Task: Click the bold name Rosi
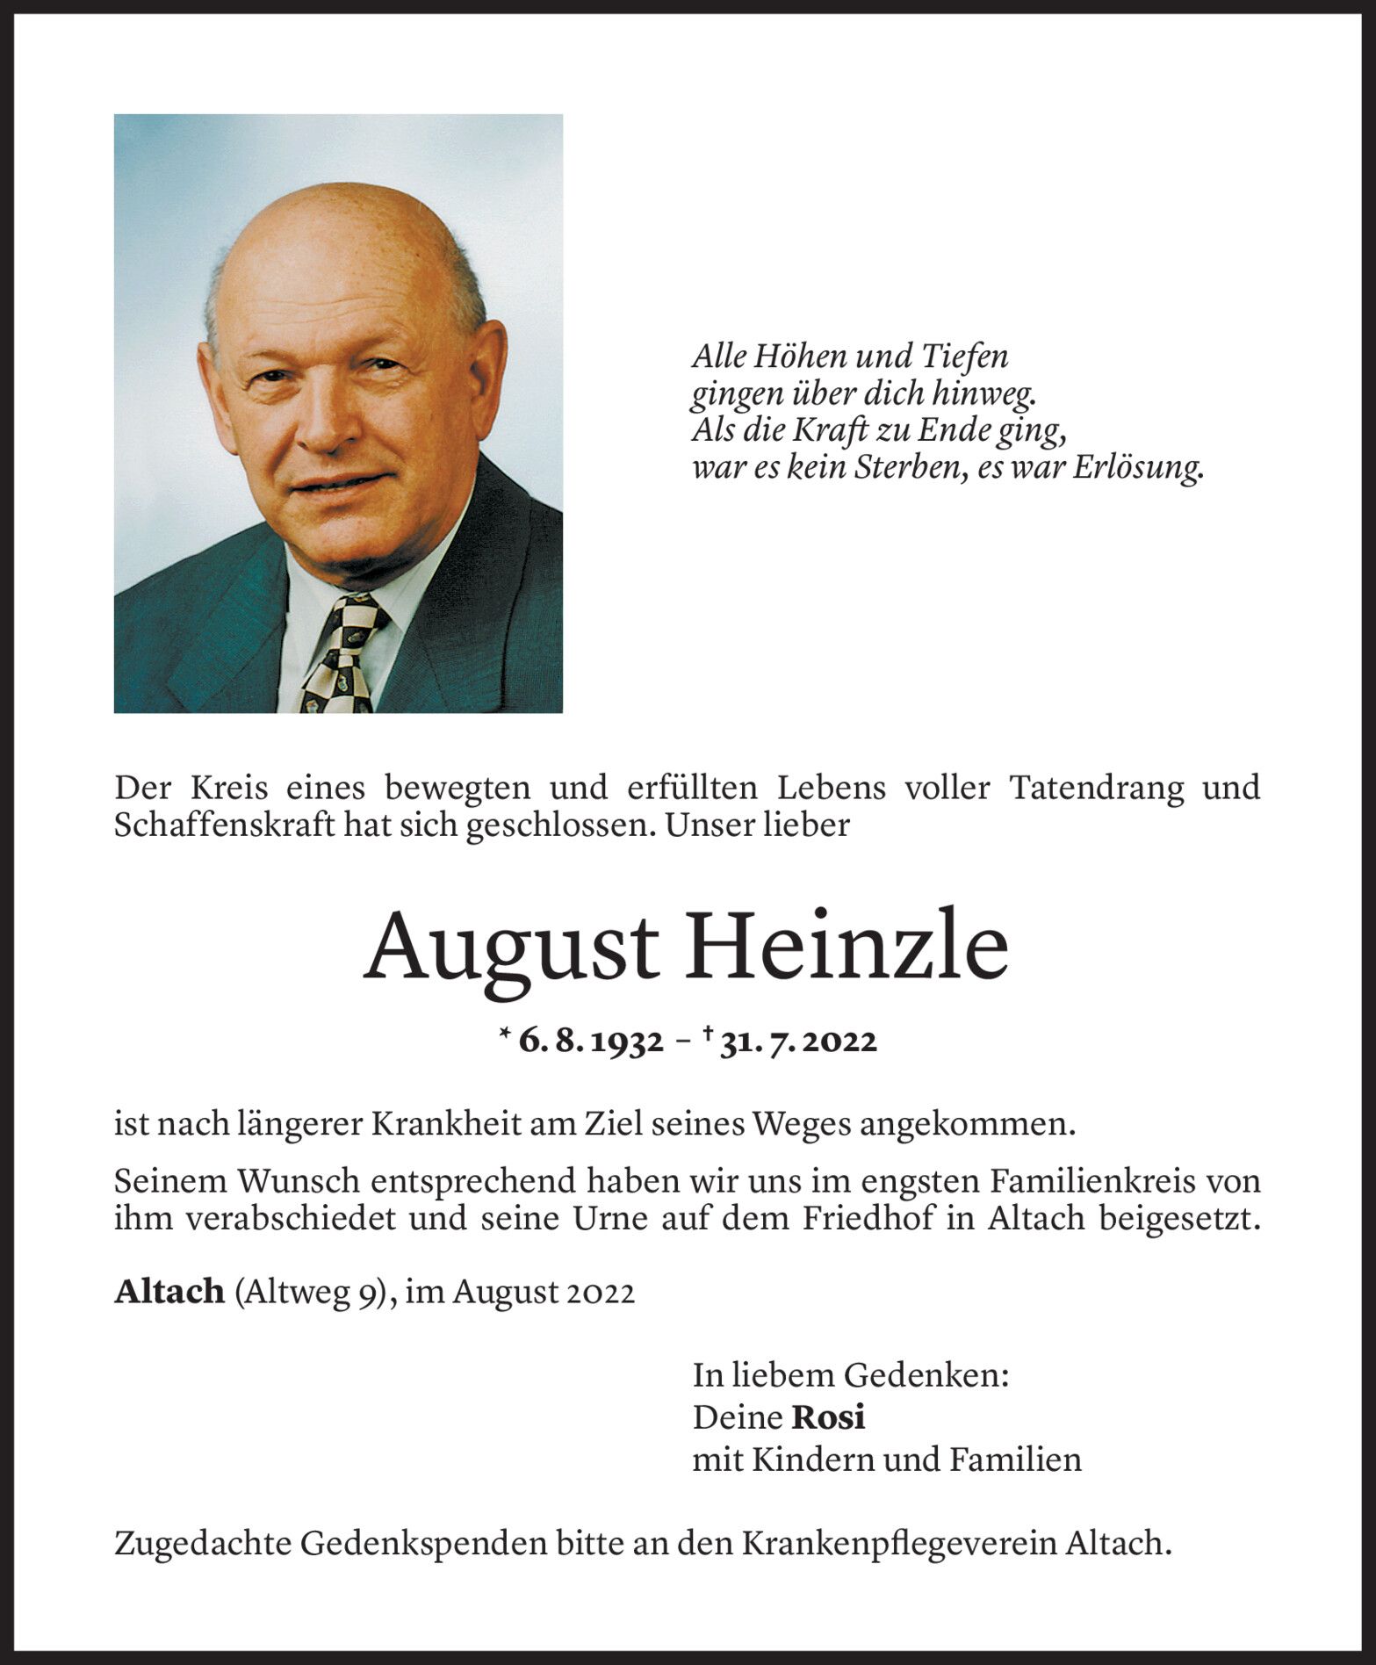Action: coord(828,1417)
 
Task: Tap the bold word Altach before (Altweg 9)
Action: coord(169,1292)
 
